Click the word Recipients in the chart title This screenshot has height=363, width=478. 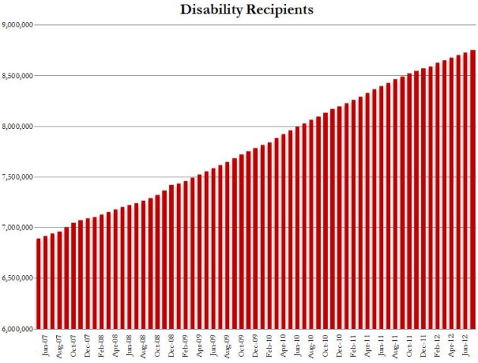pyautogui.click(x=275, y=11)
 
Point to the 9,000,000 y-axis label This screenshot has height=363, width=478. pyautogui.click(x=16, y=25)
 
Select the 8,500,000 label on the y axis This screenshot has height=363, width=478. pyautogui.click(x=16, y=76)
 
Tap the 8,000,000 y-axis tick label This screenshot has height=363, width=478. pyautogui.click(x=16, y=127)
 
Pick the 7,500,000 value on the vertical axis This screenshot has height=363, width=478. pyautogui.click(x=16, y=177)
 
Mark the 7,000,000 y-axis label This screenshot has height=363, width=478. pyautogui.click(x=16, y=228)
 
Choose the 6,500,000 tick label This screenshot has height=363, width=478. pyautogui.click(x=16, y=279)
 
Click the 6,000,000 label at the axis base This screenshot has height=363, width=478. pyautogui.click(x=16, y=330)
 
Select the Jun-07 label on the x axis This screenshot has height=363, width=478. pyautogui.click(x=46, y=346)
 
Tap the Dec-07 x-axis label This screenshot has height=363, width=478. pyautogui.click(x=88, y=346)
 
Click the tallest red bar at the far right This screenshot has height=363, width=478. pyautogui.click(x=472, y=189)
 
